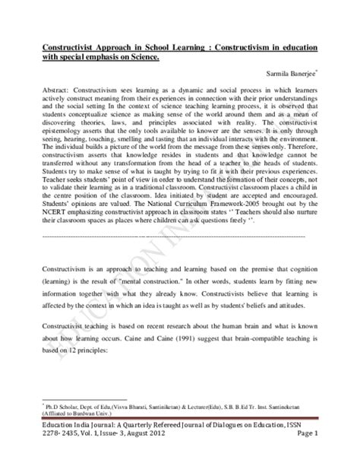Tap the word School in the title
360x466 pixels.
[x=157, y=47]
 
